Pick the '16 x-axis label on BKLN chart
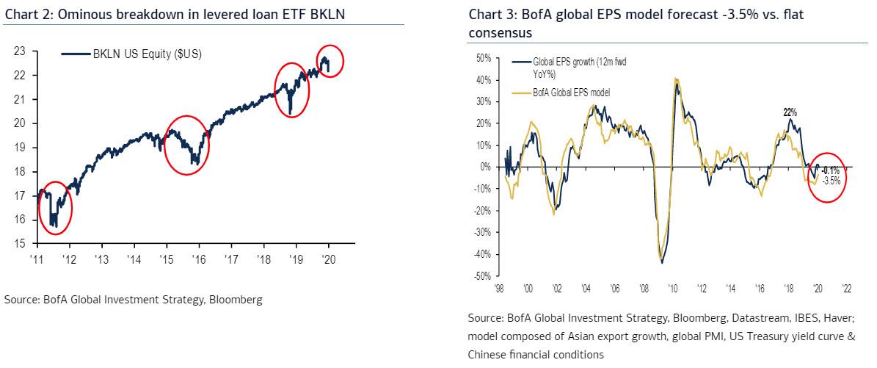[x=198, y=259]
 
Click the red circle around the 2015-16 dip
[x=186, y=145]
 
